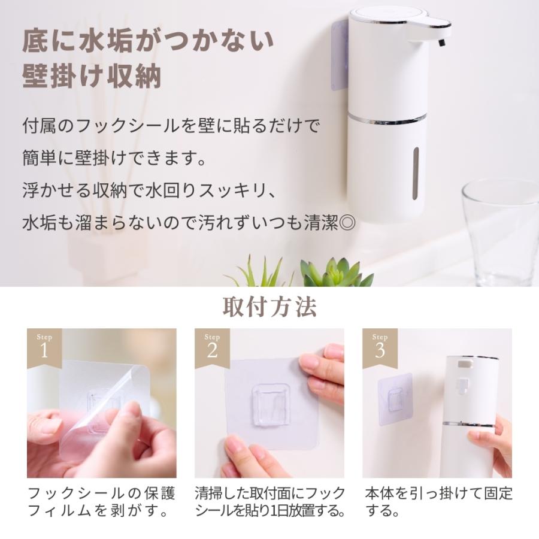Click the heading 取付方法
[x=269, y=307]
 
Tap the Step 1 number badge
[x=44, y=346]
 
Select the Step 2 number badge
[x=211, y=346]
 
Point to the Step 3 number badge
[x=379, y=346]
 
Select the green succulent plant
[x=335, y=272]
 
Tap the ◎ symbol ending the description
[x=347, y=223]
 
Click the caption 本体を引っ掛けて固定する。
[x=439, y=502]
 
